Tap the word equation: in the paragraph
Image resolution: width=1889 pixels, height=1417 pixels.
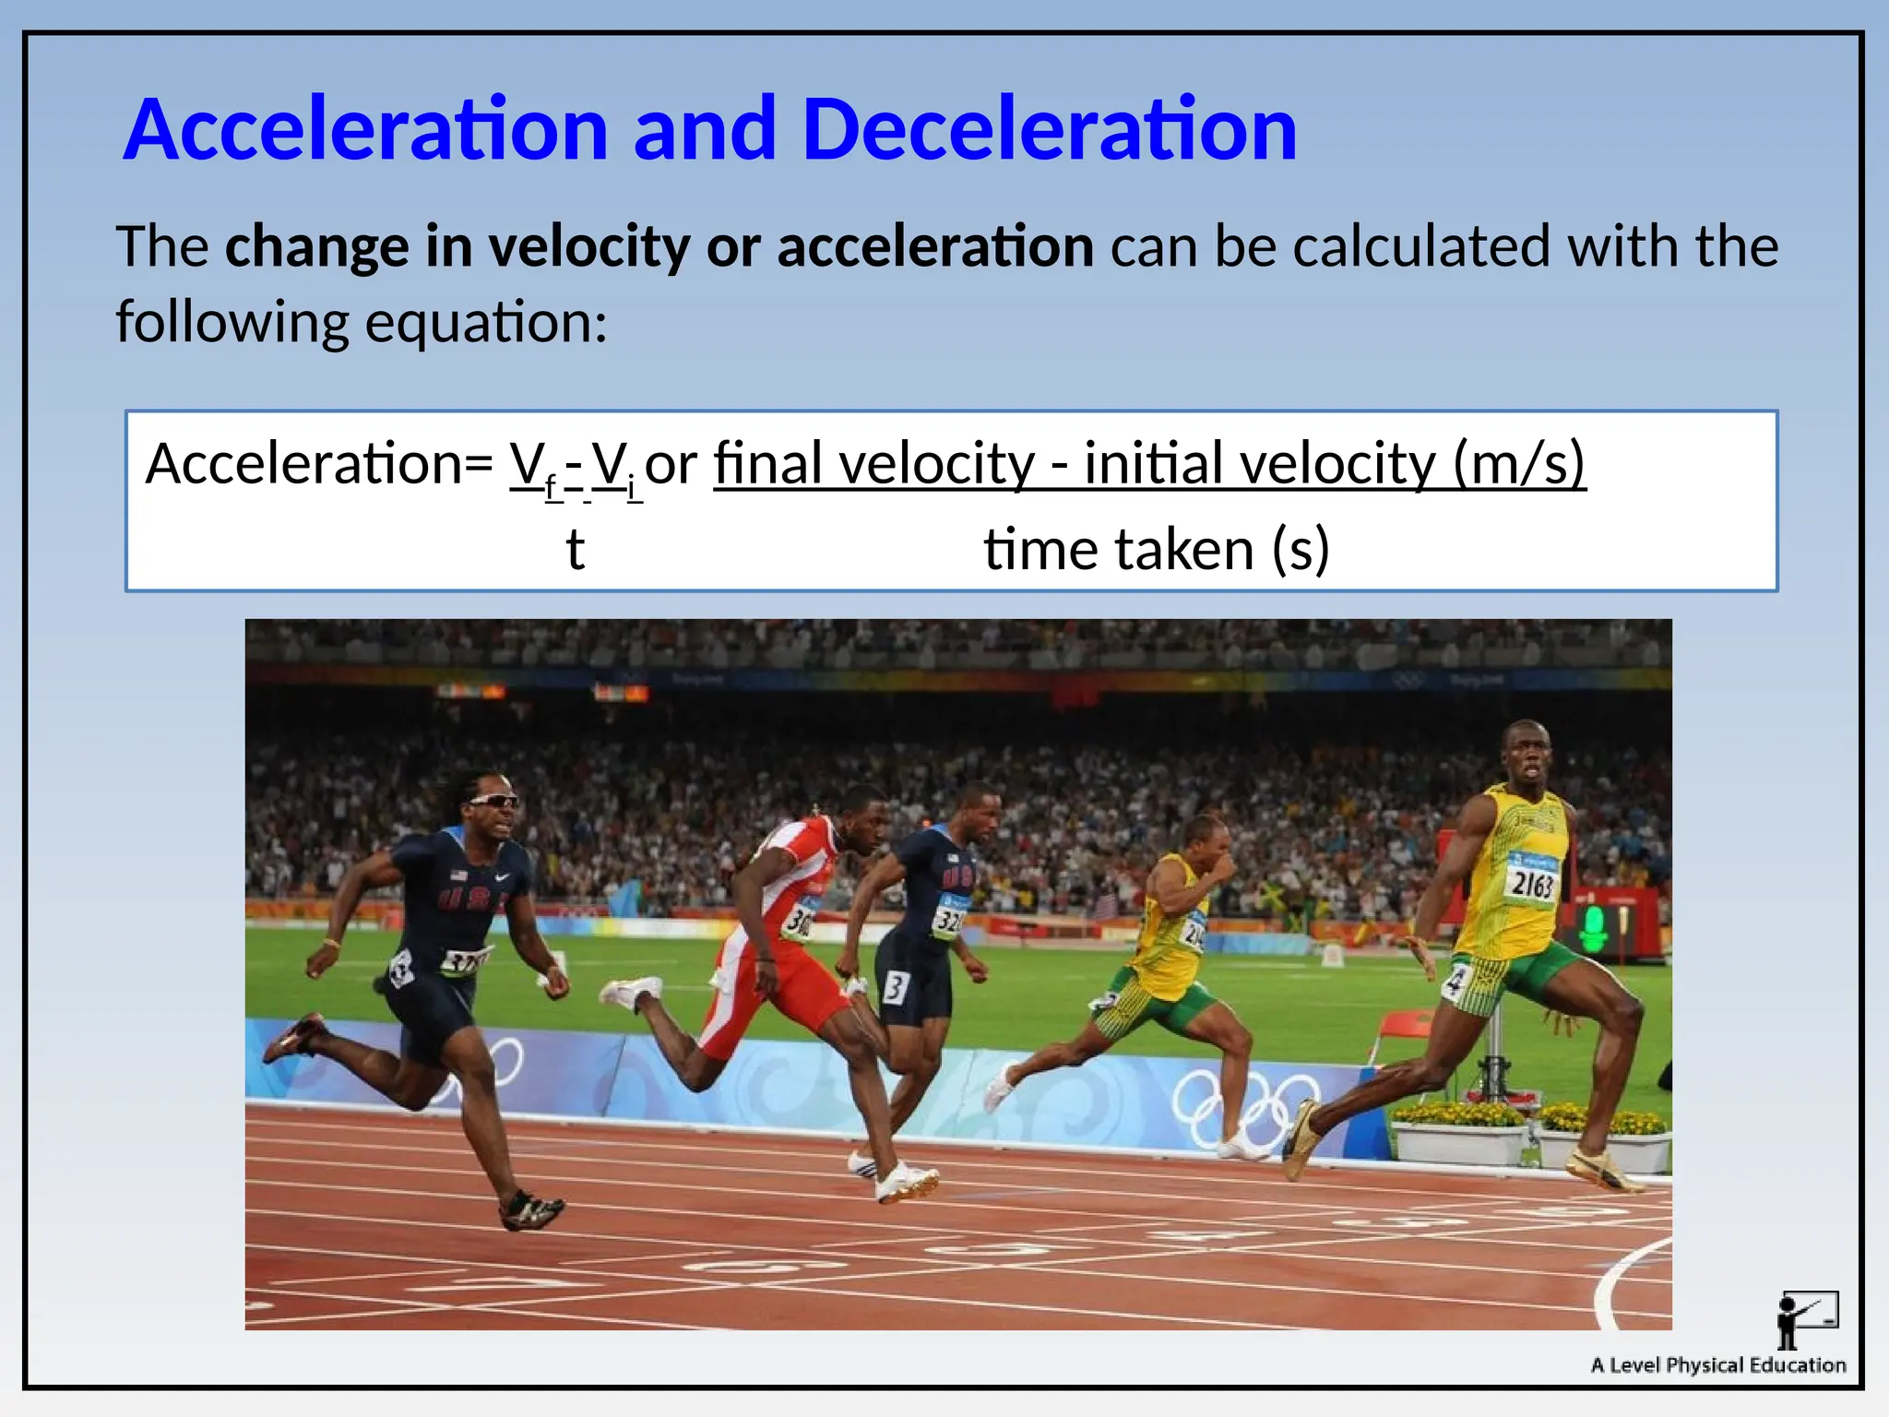tap(486, 323)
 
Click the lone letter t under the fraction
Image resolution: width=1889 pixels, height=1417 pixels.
tap(575, 550)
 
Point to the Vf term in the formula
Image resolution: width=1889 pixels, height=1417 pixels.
tap(533, 466)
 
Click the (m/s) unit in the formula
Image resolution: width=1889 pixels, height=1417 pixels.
tap(1519, 463)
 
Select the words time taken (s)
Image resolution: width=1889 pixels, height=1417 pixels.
tap(1156, 550)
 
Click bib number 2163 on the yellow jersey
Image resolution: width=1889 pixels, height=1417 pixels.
tap(1532, 884)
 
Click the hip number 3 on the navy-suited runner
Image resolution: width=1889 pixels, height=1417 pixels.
tap(895, 987)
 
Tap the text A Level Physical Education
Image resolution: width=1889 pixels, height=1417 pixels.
tap(1717, 1365)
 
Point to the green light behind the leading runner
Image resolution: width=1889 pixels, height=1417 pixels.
tap(1593, 927)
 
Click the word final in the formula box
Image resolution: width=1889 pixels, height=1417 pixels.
tap(767, 463)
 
